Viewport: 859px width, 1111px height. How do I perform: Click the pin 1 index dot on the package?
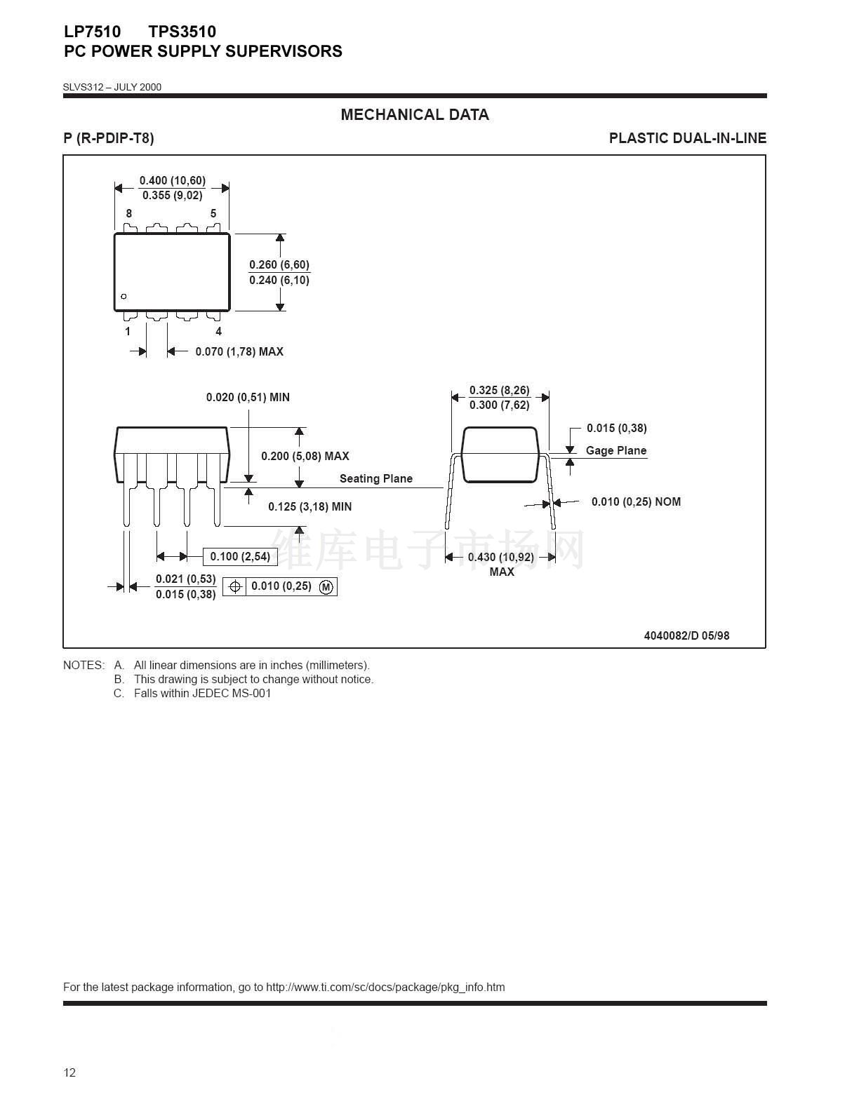click(124, 296)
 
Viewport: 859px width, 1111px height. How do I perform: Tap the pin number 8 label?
click(129, 213)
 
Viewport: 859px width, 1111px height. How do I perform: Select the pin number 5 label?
click(213, 213)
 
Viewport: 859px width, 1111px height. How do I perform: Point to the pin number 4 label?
click(218, 331)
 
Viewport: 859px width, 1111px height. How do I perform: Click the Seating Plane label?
click(376, 478)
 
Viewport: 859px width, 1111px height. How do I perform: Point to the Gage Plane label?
click(616, 450)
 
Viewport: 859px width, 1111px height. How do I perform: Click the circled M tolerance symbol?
click(326, 586)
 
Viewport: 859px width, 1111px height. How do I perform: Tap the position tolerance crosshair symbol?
click(235, 586)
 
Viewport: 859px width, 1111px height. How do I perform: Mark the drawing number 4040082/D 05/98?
click(686, 635)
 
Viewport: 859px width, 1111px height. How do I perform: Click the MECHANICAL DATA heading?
click(415, 114)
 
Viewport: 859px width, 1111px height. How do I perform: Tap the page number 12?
click(69, 1072)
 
